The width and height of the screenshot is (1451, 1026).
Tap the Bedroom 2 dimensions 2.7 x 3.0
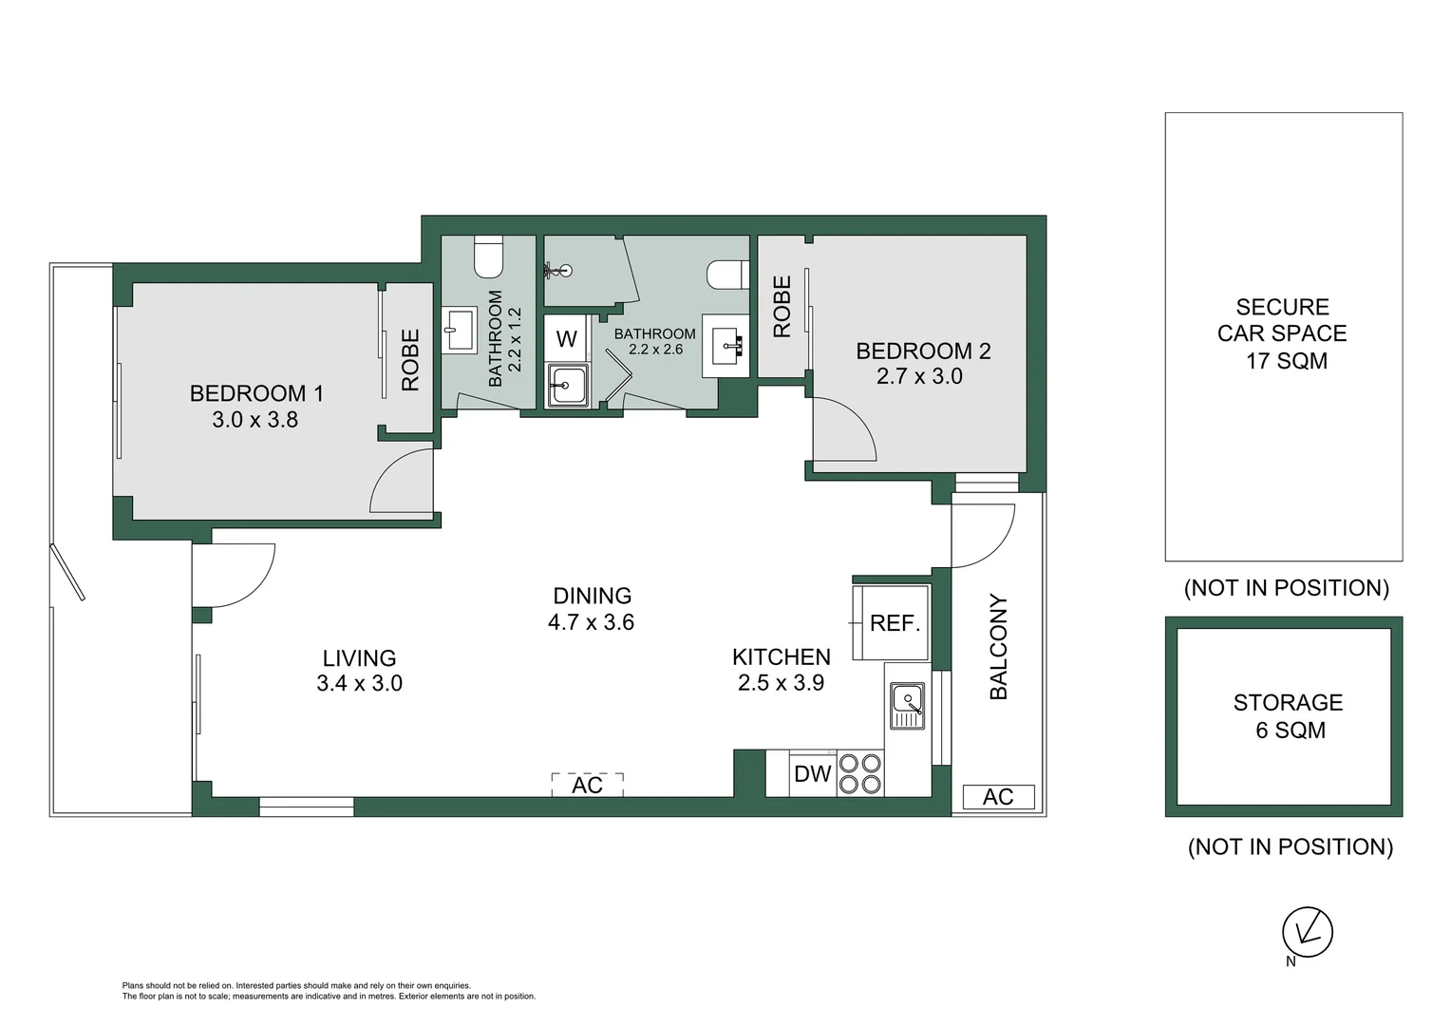click(919, 376)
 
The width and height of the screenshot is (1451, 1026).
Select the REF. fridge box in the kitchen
click(894, 623)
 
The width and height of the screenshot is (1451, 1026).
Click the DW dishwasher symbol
click(813, 774)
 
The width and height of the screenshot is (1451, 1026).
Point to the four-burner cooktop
click(859, 773)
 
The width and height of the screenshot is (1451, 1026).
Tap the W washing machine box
click(566, 339)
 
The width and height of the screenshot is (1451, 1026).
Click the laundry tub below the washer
click(567, 386)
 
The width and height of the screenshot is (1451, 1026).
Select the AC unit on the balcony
click(998, 797)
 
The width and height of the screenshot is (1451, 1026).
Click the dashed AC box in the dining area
click(588, 785)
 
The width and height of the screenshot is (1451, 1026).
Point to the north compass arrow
click(1308, 932)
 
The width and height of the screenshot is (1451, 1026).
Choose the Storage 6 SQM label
click(1288, 716)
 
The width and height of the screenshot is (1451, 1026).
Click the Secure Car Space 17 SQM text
click(1283, 333)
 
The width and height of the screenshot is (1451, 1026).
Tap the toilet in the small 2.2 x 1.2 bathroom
click(488, 255)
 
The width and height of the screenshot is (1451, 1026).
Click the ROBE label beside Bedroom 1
click(410, 360)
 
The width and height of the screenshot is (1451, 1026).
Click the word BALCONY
click(998, 647)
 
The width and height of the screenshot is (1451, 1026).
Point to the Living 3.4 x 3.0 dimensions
click(359, 683)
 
